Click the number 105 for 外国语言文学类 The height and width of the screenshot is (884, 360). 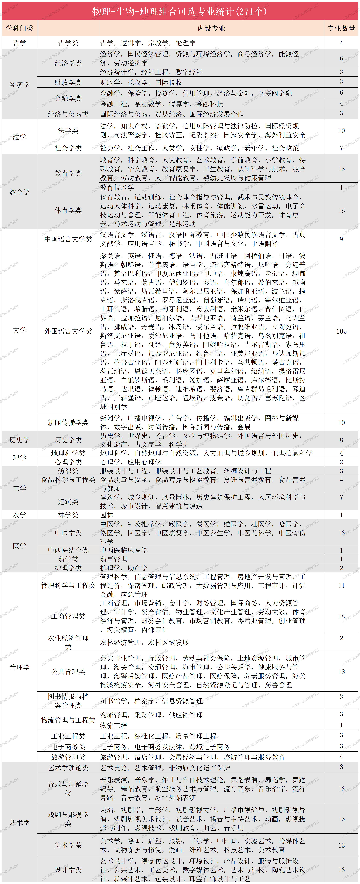click(x=341, y=331)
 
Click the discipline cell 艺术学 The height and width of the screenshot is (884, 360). click(x=20, y=823)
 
